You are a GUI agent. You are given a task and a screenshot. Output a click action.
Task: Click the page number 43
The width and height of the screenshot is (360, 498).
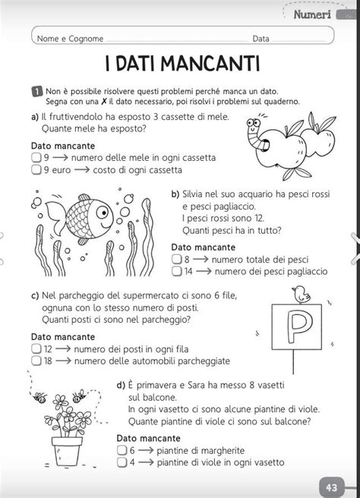pos(332,487)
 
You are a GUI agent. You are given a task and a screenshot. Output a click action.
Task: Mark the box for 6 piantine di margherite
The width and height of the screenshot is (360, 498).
pos(122,449)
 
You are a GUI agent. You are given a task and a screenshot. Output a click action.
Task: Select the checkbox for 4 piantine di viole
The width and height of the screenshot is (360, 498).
pos(122,462)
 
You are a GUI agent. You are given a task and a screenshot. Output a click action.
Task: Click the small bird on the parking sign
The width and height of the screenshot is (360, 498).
pos(302,292)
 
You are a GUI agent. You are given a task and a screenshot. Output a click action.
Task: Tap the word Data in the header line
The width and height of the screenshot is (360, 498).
pos(261,37)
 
